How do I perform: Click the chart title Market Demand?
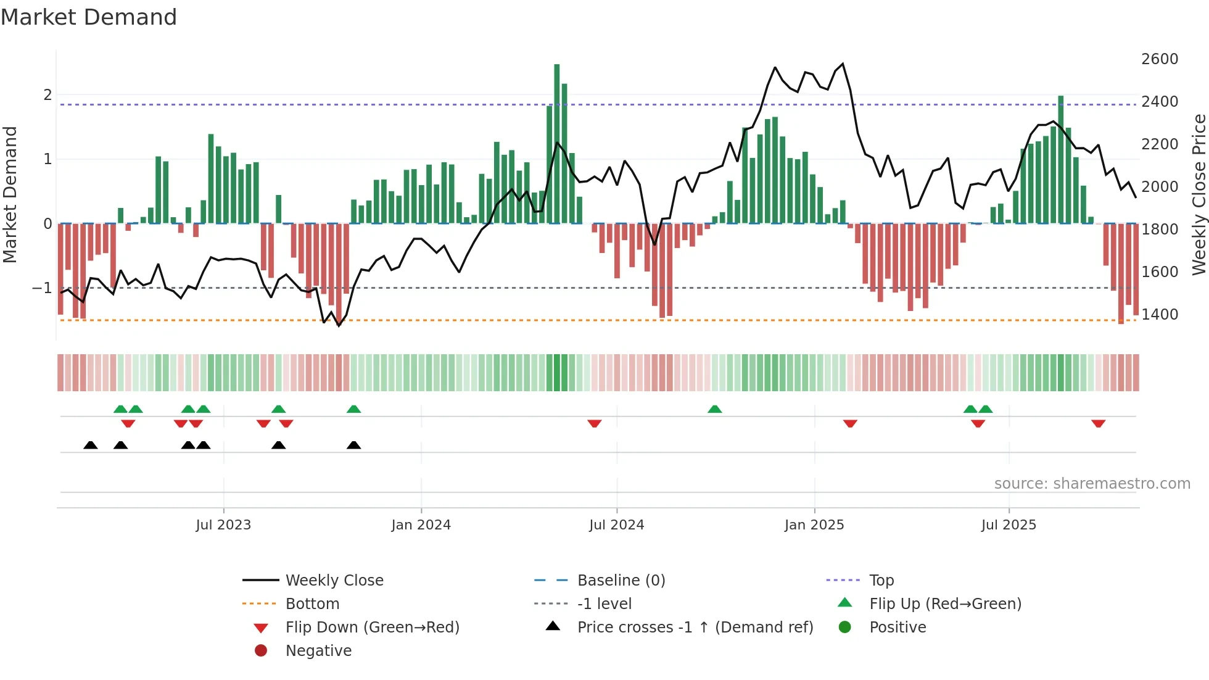(89, 17)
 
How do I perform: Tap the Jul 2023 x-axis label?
(223, 525)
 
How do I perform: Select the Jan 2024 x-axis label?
(421, 525)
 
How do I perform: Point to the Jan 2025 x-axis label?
(814, 525)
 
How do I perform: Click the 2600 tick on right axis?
(1159, 59)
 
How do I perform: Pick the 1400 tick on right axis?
(1159, 315)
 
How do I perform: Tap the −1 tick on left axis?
(42, 288)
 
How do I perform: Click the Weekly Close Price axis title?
(1199, 194)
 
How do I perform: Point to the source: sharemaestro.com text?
(1092, 484)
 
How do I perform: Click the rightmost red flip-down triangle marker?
(1098, 423)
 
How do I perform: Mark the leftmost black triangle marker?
(91, 445)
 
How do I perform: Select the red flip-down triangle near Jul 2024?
(594, 423)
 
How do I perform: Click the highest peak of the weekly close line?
(843, 64)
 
